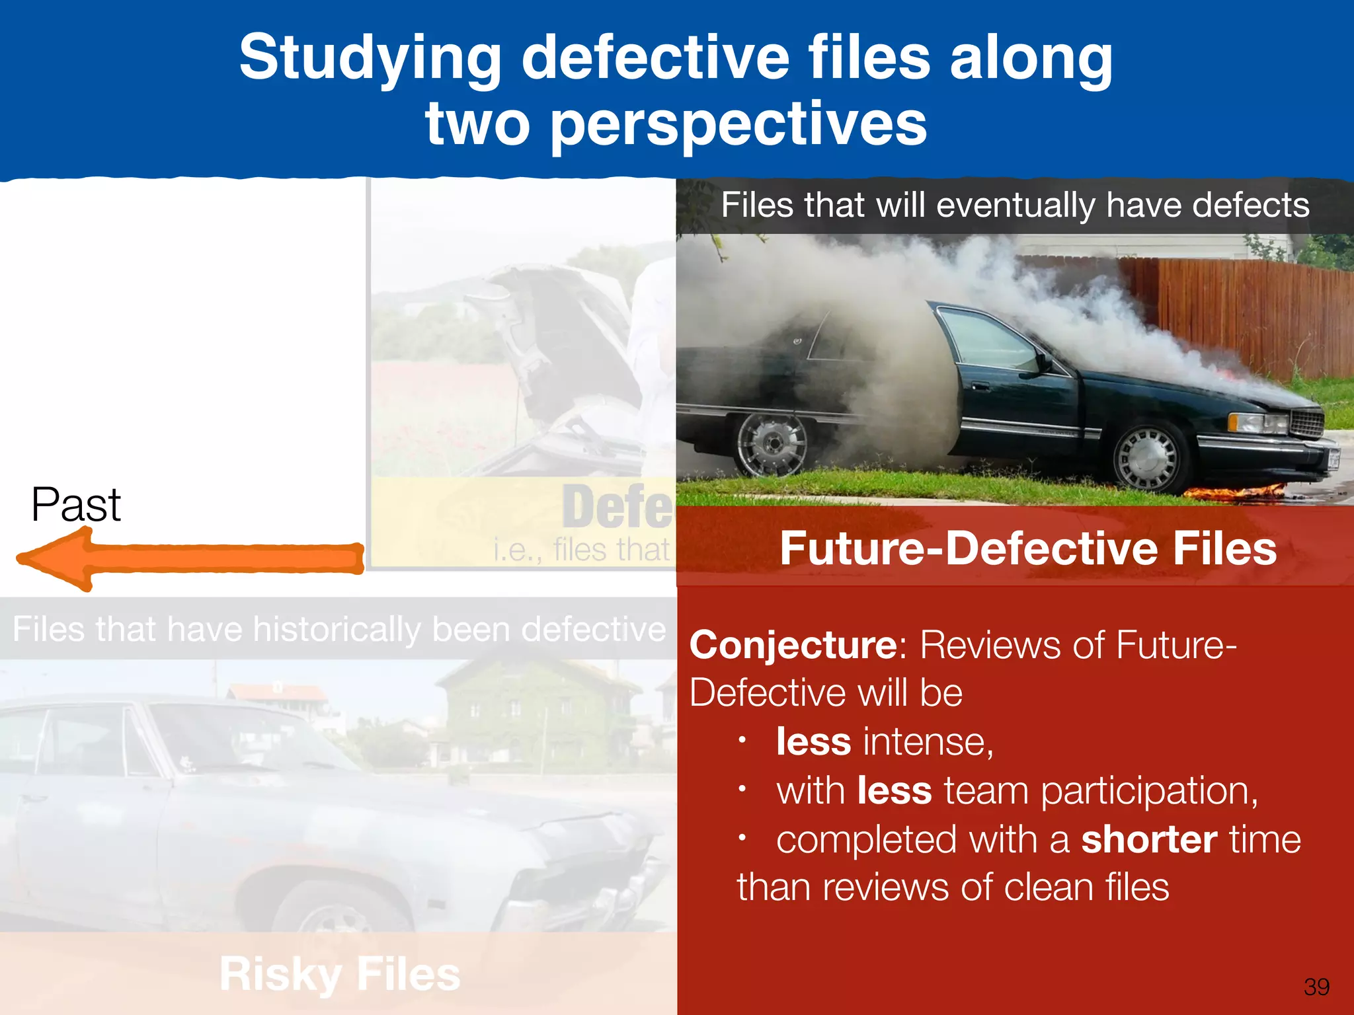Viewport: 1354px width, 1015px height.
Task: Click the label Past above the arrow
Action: [x=76, y=506]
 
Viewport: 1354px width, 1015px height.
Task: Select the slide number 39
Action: [x=1316, y=987]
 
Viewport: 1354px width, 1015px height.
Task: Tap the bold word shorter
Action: [x=1149, y=840]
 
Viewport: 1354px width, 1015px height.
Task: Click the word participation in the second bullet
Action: [x=1149, y=792]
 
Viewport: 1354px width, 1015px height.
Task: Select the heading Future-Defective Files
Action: [x=1027, y=548]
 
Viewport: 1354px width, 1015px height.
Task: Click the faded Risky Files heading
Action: [x=340, y=974]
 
